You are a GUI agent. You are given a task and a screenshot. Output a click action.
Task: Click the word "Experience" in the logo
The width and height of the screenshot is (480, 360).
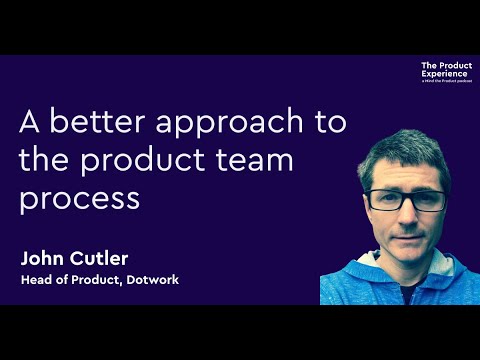(x=441, y=74)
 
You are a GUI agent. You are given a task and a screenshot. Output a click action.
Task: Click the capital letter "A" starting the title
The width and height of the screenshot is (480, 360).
(x=29, y=123)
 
